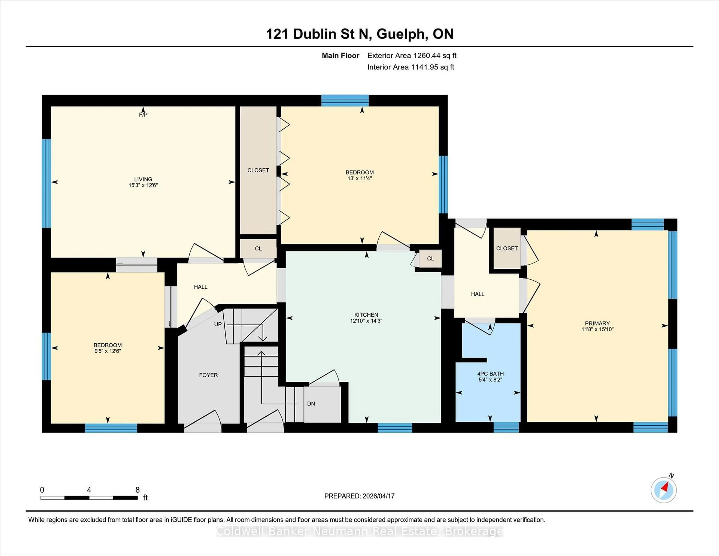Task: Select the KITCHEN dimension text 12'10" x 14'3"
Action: point(366,321)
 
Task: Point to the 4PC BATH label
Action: point(490,374)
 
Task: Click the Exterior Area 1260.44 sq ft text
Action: point(412,56)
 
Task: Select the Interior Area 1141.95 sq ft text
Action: point(411,67)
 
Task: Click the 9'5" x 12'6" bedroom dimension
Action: point(108,351)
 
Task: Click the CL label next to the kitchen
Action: point(430,259)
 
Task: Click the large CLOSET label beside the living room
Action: point(258,170)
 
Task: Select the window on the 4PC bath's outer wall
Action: point(506,427)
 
